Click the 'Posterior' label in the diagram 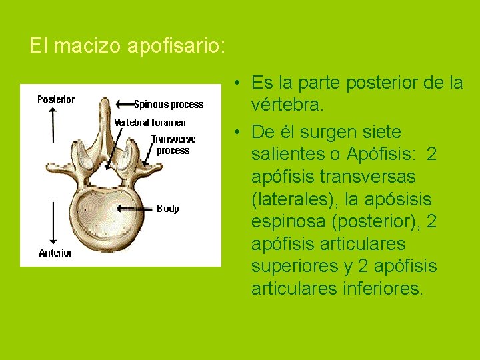click(x=56, y=100)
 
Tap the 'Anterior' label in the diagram click(x=55, y=253)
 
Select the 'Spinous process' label click(x=169, y=105)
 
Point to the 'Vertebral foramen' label click(x=150, y=123)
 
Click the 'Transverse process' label click(x=173, y=145)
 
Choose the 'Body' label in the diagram click(x=168, y=209)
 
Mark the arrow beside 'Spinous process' click(x=124, y=104)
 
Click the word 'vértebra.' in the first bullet click(x=287, y=105)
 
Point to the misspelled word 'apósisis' click(x=399, y=199)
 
